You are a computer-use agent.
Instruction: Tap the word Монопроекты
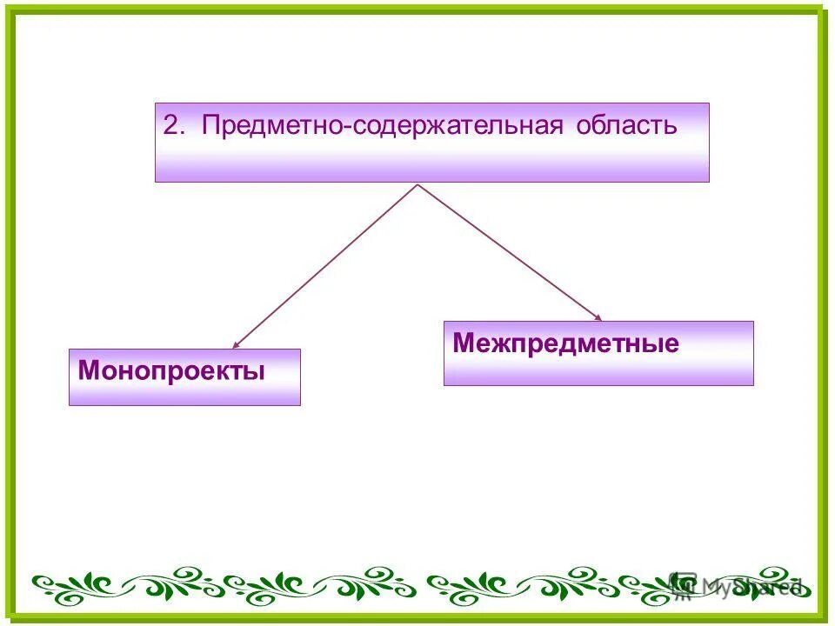pos(171,371)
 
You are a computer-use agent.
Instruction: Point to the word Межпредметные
pos(565,343)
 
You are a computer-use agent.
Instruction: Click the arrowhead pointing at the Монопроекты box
pos(236,345)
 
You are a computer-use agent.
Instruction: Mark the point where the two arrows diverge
pos(418,184)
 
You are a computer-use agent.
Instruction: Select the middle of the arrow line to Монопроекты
pos(326,265)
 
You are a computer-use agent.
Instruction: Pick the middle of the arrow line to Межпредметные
pos(509,252)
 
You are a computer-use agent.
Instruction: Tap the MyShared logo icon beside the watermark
pos(685,584)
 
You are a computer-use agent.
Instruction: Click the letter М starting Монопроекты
pos(87,371)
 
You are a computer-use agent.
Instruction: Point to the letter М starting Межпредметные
pos(462,343)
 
